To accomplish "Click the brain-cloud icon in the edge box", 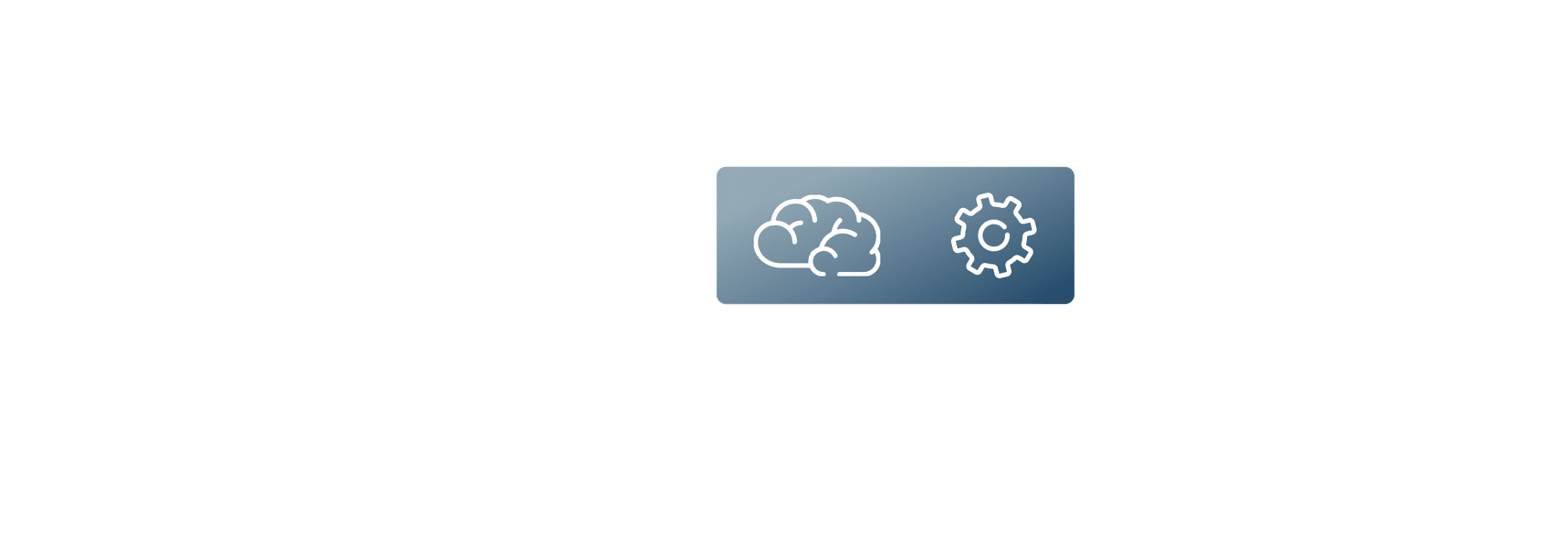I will coord(816,235).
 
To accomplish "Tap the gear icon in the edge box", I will coord(993,235).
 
